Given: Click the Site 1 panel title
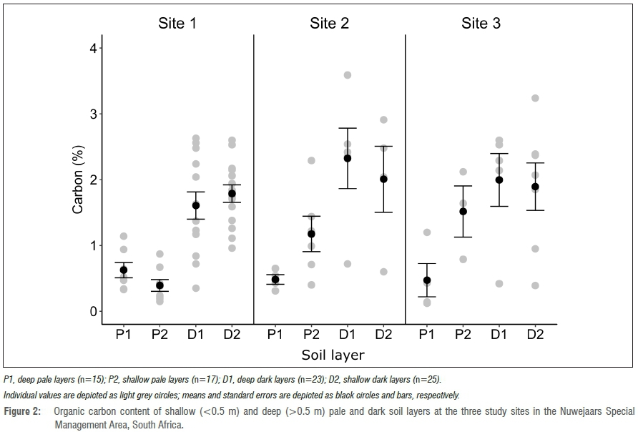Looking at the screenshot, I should (177, 23).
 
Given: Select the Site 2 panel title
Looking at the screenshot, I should (329, 23).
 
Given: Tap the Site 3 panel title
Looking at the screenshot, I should (481, 23).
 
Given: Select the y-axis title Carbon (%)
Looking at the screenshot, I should (78, 180).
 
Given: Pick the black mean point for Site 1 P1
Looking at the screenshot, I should (124, 270).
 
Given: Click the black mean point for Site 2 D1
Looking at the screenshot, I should (348, 158).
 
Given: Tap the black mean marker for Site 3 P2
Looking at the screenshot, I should (463, 211).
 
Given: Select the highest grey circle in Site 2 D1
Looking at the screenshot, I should (348, 75).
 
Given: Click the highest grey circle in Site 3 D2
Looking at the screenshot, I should (535, 98).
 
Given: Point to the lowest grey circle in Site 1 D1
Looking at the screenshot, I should (196, 288).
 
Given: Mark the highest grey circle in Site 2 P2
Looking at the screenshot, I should (311, 160).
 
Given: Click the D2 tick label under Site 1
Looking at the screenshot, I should (232, 334).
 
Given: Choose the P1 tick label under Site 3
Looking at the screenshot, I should (427, 334).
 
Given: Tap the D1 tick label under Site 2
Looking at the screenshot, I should (348, 334).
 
